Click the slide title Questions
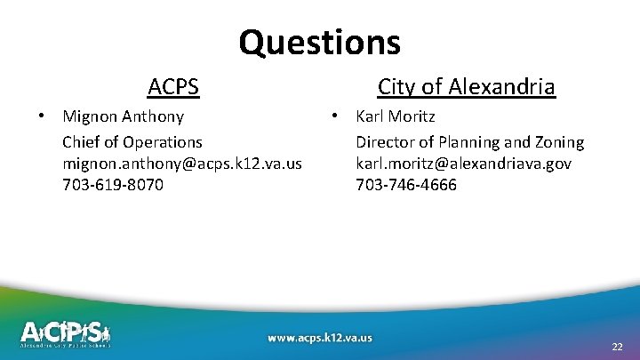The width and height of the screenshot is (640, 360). tap(319, 42)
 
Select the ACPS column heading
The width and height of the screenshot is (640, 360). tap(173, 87)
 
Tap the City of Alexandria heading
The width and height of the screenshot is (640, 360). tap(466, 87)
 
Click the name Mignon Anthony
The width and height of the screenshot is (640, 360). tap(123, 116)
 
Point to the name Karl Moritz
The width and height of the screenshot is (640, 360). tap(396, 116)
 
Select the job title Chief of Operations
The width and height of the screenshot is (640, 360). tap(132, 142)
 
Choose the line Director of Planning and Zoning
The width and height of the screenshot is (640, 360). tap(470, 142)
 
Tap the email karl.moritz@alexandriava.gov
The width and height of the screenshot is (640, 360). tap(463, 164)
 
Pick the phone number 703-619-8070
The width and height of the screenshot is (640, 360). tap(113, 186)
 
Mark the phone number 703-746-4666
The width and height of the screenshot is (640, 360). tap(406, 186)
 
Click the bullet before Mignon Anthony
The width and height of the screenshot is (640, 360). tap(42, 116)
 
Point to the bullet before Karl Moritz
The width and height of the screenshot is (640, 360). tap(335, 116)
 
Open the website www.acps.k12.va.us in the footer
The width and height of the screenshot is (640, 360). tap(320, 338)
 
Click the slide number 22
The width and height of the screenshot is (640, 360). tap(617, 347)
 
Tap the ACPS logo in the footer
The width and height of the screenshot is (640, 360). tap(66, 333)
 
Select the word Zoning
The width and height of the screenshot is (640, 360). tap(559, 142)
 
